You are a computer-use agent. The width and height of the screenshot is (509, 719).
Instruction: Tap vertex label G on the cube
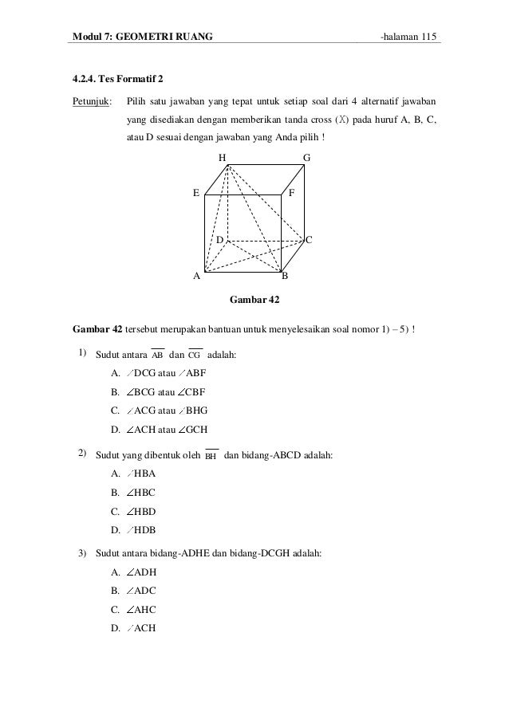(x=307, y=157)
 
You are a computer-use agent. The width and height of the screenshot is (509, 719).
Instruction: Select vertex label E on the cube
(x=195, y=193)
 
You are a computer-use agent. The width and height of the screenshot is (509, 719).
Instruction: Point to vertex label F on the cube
(x=292, y=193)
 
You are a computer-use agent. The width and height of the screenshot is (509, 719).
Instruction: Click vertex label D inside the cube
(x=219, y=239)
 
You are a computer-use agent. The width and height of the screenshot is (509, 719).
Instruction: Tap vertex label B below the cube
(x=285, y=277)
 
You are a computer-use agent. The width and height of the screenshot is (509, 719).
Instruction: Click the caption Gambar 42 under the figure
(x=254, y=301)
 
